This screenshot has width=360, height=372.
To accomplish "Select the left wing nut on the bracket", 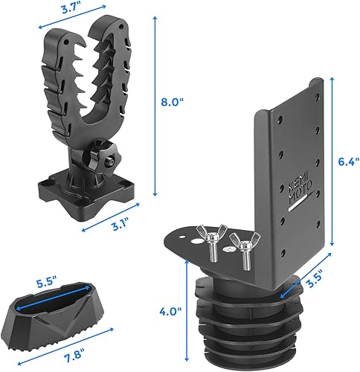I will point(210,240).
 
